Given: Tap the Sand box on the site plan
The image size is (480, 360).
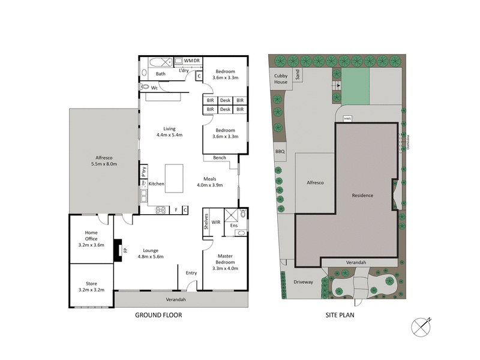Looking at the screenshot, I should click(x=296, y=74).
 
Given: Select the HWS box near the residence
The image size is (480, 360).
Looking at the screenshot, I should click(x=347, y=118).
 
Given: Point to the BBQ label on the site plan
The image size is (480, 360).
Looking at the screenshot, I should click(x=280, y=152).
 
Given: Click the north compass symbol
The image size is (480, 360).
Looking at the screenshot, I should click(x=421, y=327).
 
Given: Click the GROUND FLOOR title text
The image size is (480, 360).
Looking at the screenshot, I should click(x=158, y=315).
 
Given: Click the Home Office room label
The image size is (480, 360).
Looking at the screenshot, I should click(x=91, y=236).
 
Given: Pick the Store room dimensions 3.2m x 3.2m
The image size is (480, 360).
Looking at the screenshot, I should click(x=91, y=290).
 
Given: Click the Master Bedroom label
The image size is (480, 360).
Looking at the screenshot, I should click(x=225, y=259).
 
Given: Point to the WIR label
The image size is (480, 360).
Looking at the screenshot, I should click(x=215, y=222).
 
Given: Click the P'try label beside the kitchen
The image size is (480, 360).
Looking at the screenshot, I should click(x=143, y=171).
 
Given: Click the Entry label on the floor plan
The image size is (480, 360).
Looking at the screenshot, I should click(x=191, y=273).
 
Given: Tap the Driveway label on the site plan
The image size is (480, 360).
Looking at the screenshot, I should click(x=304, y=282).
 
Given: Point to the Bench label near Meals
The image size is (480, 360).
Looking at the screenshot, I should click(x=219, y=158).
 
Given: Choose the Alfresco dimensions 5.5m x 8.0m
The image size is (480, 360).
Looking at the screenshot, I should click(x=103, y=163).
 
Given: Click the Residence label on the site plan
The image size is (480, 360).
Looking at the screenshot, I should click(x=362, y=196).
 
